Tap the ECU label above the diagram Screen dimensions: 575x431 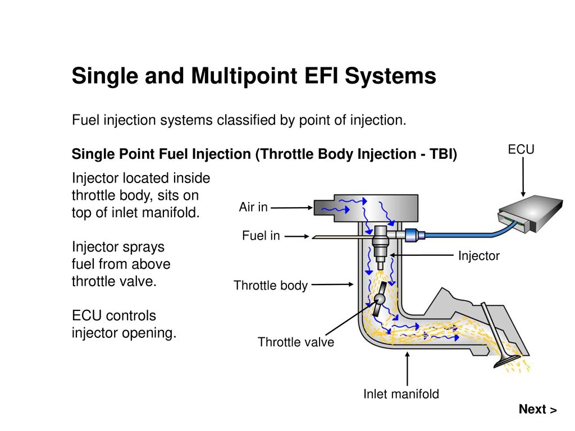521,149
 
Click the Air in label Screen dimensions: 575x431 253,207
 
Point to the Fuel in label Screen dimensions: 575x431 261,236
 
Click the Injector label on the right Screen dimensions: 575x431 478,256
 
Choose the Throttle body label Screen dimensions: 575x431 271,285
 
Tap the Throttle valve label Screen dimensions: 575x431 296,342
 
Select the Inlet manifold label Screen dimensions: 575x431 401,394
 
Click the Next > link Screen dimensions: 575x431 537,409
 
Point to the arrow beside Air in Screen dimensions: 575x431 291,208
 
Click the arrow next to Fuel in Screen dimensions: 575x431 296,236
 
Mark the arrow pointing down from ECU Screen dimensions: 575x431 523,177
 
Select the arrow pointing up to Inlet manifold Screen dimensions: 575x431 407,368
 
